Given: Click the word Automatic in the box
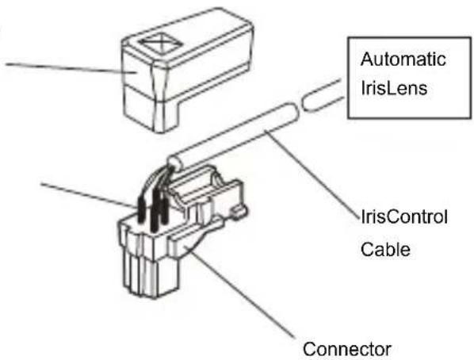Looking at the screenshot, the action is point(403,59).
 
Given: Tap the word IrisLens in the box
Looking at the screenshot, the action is point(394,88).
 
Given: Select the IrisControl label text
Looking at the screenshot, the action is point(404,217).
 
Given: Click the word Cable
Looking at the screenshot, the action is point(385,250).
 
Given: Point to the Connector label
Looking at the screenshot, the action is point(347,349).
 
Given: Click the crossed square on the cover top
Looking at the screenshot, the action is point(161,43).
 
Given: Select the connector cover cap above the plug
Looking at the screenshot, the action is point(187,70).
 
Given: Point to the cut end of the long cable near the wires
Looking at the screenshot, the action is point(176,160).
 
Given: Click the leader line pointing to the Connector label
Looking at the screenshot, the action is point(239,293).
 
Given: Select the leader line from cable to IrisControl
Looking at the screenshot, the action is point(312,173).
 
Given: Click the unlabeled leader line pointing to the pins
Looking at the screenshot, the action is point(89,195).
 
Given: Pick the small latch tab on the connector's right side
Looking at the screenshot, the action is point(239,212).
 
